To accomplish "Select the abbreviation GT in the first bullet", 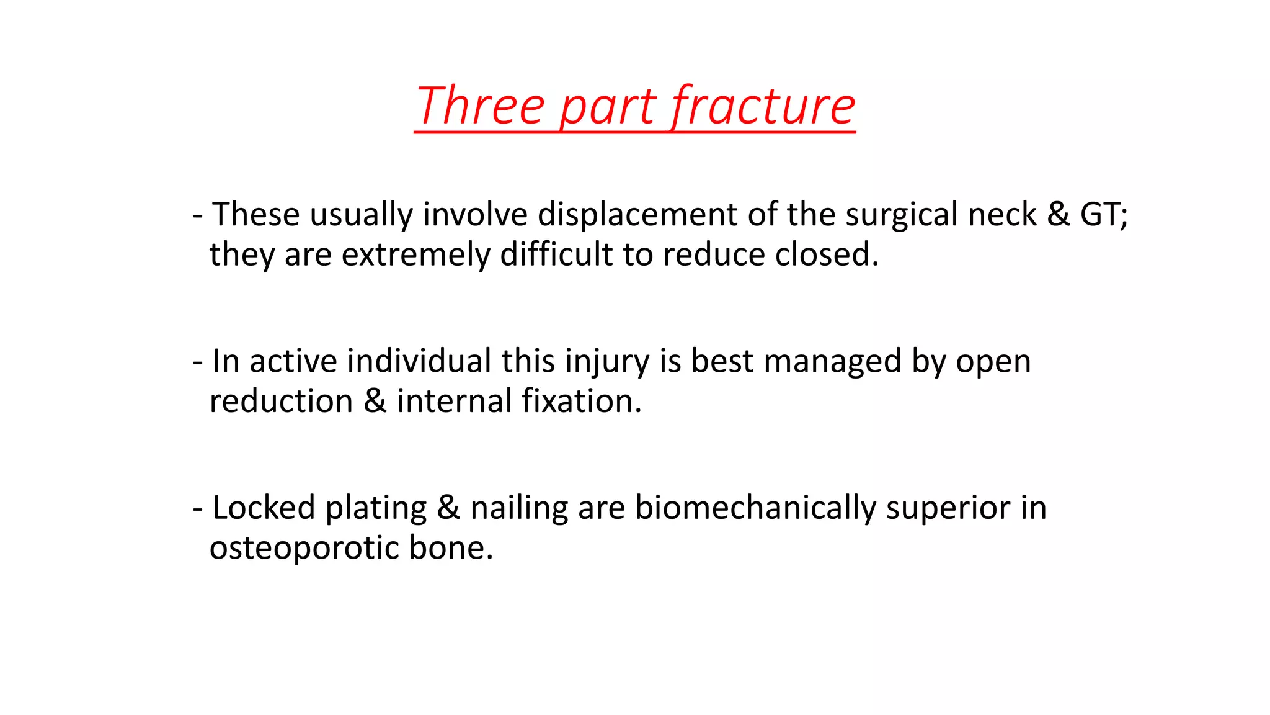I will [1103, 214].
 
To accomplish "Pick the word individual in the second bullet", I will [419, 361].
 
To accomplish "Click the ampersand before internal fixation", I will [375, 400].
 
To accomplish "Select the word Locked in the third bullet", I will [264, 507].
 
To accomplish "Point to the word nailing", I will [518, 508].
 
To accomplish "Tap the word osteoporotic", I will [304, 548].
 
